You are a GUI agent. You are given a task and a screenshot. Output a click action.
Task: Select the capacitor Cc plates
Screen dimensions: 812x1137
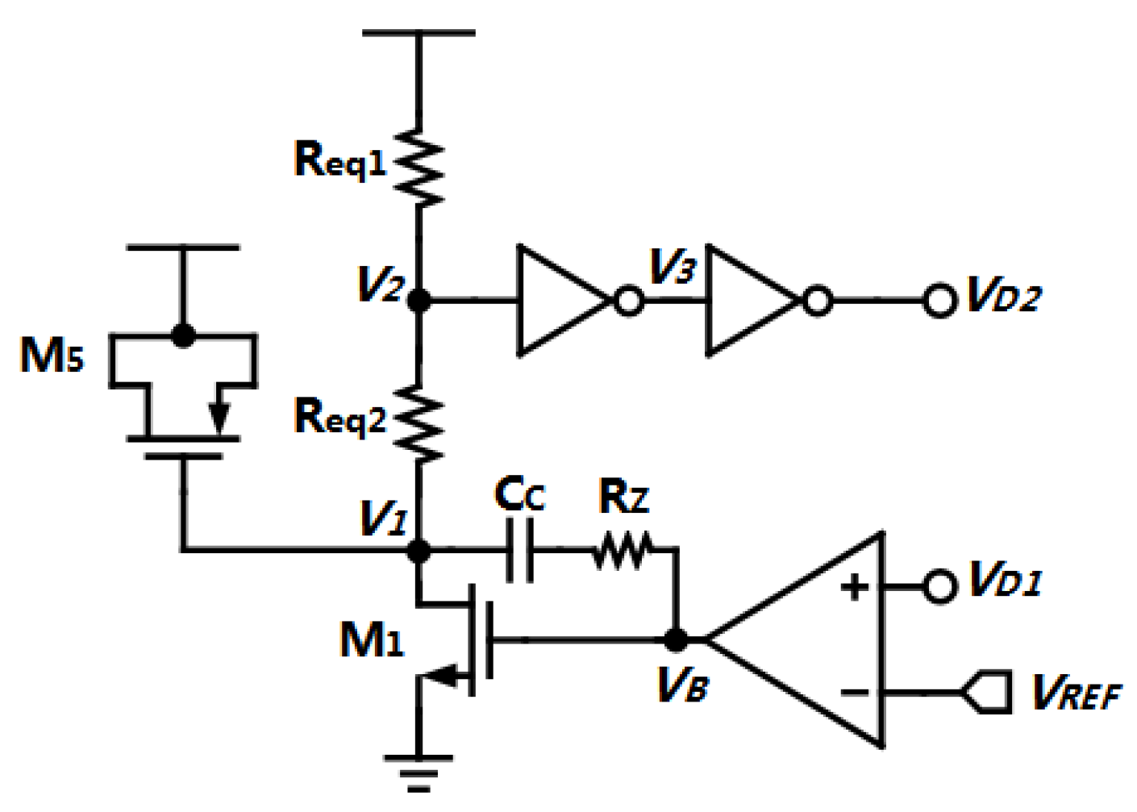point(519,550)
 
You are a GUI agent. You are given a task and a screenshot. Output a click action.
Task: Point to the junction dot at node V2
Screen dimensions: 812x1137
point(419,301)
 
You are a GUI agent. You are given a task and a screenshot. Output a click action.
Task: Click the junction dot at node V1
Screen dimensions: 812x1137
point(419,551)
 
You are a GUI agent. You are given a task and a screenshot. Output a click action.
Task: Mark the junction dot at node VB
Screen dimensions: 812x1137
point(676,640)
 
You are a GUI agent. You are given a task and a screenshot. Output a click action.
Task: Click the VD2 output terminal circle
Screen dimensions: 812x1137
point(939,301)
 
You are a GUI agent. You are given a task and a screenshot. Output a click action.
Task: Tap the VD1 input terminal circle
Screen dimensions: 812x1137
point(939,586)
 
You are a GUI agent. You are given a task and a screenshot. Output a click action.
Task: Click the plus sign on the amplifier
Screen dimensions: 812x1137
point(855,586)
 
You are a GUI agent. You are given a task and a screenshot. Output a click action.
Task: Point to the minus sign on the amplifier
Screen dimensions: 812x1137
point(855,692)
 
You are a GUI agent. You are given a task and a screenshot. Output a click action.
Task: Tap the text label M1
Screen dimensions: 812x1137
point(371,641)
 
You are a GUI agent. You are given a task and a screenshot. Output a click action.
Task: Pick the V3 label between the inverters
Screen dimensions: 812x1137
point(672,265)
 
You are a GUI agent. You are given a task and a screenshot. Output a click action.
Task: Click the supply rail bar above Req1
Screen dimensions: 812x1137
point(419,33)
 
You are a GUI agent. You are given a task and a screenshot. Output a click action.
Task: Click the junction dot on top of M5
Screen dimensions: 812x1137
point(184,336)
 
